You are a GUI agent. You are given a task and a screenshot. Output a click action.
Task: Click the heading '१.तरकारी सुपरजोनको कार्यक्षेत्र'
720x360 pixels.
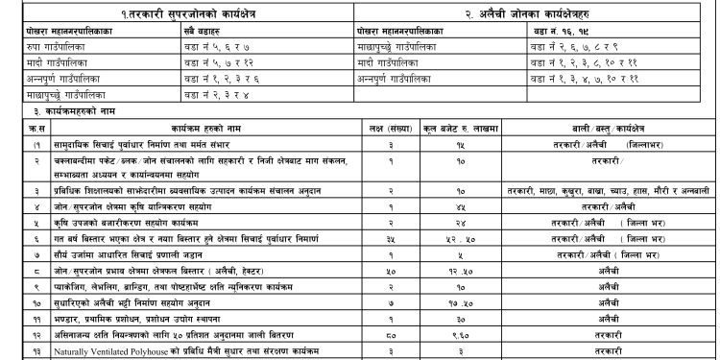point(177,11)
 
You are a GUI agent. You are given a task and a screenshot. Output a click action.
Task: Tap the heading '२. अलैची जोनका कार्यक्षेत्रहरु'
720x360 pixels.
point(533,11)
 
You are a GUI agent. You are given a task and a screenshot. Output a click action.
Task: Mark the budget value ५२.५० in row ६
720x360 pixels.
point(438,235)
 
